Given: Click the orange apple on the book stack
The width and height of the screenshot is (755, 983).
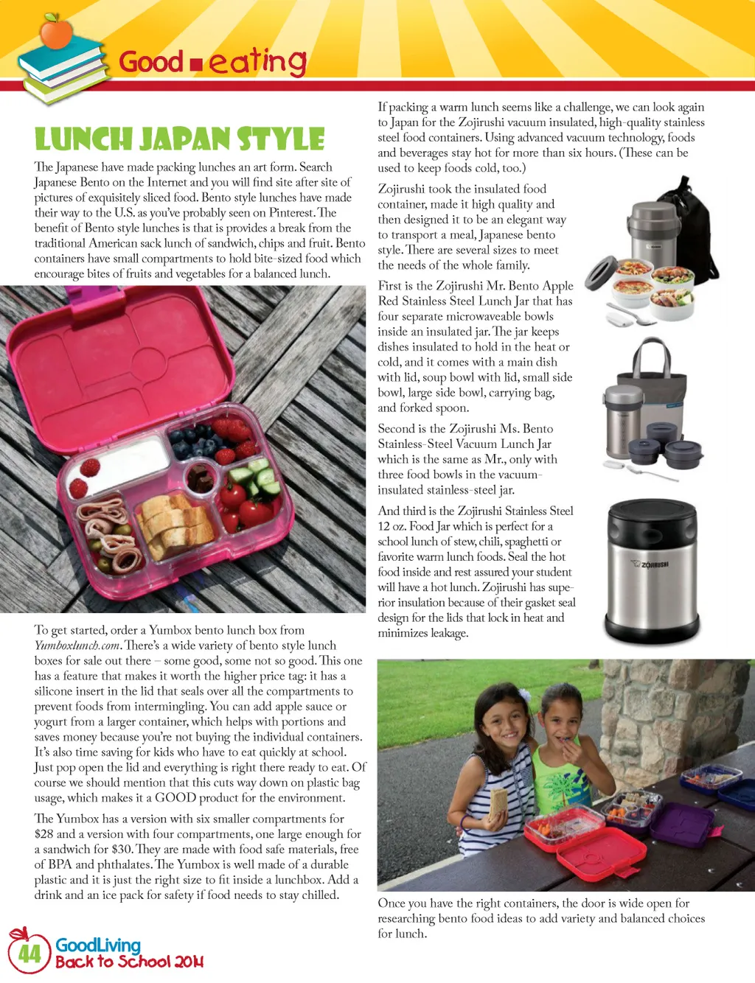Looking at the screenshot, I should [x=55, y=32].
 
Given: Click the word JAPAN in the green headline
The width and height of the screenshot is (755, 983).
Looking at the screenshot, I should [x=185, y=139].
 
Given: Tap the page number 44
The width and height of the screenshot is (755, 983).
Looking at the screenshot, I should [x=29, y=954].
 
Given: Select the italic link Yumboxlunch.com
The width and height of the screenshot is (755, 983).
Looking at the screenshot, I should [x=77, y=646].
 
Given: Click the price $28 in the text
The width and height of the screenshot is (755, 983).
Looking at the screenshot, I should [x=44, y=834].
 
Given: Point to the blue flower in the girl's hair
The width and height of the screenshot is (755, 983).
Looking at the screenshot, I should [x=524, y=694].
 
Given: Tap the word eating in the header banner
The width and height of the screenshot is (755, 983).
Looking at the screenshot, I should [x=257, y=62].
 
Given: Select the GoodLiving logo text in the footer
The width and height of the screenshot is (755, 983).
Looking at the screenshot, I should [x=98, y=945].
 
